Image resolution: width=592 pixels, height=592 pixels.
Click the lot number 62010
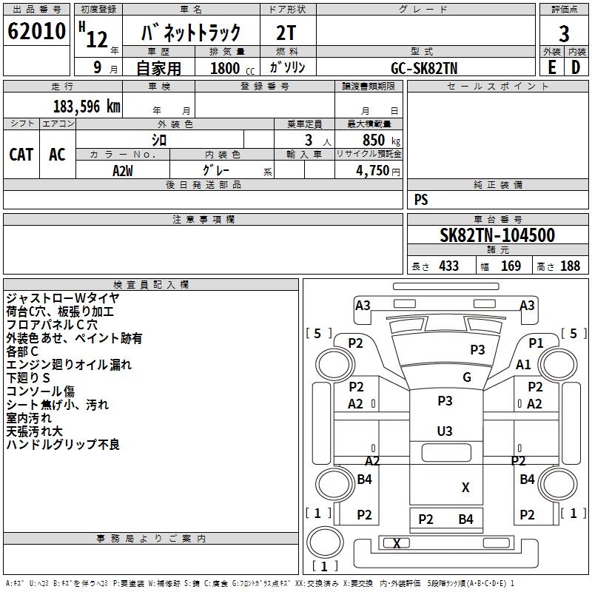(36, 31)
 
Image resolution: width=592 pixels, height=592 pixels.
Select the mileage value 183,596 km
(87, 107)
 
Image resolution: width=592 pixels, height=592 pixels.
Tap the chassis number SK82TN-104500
(497, 235)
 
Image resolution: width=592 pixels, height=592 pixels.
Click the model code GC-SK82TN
(424, 68)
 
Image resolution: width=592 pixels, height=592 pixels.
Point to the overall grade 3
(564, 34)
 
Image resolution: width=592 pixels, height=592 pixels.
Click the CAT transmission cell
(21, 155)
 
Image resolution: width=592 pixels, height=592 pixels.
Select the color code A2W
(123, 171)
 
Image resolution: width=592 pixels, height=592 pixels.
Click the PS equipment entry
(421, 200)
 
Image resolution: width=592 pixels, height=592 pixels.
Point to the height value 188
(570, 266)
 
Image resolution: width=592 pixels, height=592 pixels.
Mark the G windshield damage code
(467, 377)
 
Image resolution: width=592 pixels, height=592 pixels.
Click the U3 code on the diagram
(445, 431)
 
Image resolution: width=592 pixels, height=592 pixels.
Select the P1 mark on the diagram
(536, 343)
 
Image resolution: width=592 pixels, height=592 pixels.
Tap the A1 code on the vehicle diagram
(523, 365)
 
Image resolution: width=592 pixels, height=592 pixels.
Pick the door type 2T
(286, 33)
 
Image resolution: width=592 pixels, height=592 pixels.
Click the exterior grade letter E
(552, 67)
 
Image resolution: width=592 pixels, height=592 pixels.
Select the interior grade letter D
(576, 67)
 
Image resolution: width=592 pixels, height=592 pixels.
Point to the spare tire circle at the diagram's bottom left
(326, 542)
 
